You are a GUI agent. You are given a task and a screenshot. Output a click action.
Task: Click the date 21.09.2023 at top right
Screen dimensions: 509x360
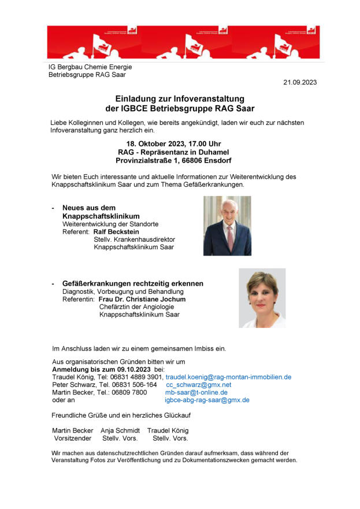tap(300, 83)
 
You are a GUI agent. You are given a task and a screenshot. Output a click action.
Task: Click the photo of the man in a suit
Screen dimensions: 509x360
tap(227, 226)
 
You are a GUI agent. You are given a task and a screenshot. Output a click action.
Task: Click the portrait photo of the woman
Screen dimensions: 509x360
tap(262, 298)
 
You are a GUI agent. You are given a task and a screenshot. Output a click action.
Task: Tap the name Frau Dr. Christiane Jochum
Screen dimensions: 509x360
tap(142, 300)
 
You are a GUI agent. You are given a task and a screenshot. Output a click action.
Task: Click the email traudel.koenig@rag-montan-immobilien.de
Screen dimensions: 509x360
tap(228, 377)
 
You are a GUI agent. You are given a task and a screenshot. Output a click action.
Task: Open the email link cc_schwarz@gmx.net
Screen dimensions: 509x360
tap(198, 385)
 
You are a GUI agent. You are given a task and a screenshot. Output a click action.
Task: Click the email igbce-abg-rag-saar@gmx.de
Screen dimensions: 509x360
tap(207, 400)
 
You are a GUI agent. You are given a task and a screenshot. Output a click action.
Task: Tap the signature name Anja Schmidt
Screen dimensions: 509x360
tap(120, 431)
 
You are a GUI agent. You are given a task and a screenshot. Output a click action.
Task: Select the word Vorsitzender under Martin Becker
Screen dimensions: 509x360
tap(72, 438)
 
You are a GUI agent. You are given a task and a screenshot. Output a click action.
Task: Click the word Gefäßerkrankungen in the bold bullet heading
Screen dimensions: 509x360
tap(97, 284)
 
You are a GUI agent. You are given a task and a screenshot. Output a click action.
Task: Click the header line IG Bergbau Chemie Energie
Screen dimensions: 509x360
tap(90, 67)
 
